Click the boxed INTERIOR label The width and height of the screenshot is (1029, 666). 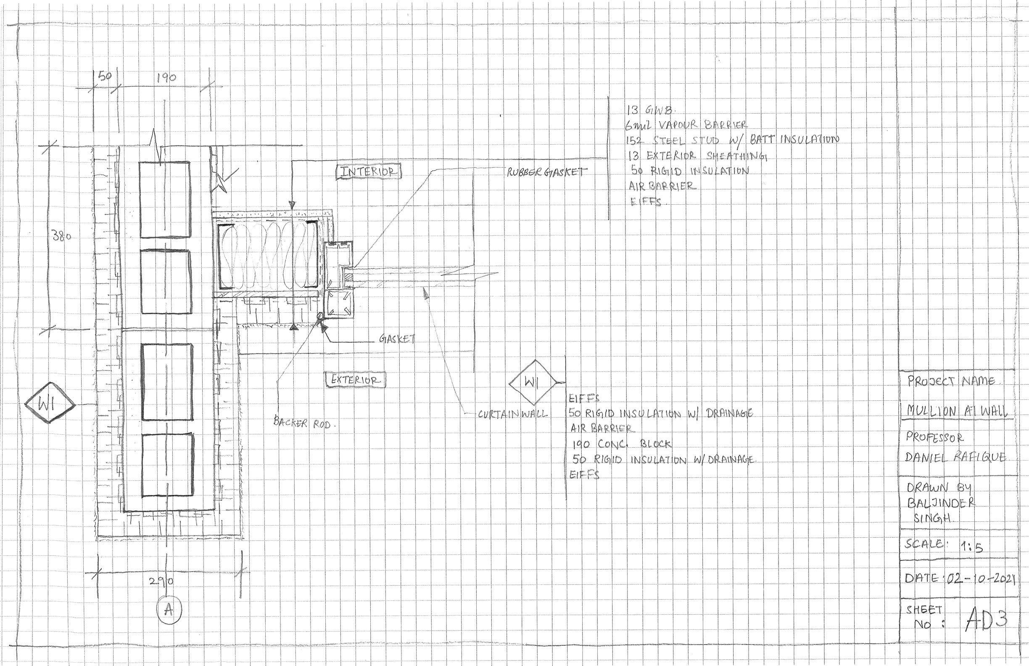[x=369, y=172]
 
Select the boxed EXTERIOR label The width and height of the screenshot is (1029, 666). [x=355, y=380]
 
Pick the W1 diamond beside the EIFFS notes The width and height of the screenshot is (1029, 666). [x=532, y=382]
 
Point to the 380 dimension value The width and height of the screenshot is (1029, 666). [x=61, y=237]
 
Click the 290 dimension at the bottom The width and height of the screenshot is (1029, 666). [x=161, y=581]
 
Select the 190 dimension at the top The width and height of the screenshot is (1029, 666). [x=166, y=78]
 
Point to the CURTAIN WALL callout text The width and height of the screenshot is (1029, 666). [x=513, y=414]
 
